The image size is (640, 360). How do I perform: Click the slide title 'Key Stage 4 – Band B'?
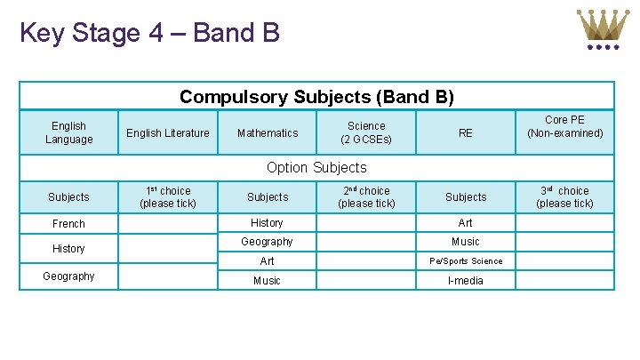pos(149,33)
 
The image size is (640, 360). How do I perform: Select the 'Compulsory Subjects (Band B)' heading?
pos(316,96)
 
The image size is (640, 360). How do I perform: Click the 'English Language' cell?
pos(68,132)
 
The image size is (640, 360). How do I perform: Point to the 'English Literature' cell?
pos(168,133)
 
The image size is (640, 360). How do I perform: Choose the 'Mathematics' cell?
pos(268,133)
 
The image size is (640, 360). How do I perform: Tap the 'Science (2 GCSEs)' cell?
pos(366,132)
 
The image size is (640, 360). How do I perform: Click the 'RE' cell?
pos(465,133)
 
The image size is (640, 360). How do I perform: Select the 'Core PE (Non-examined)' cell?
pos(564,126)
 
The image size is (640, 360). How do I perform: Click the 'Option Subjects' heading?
pos(316,167)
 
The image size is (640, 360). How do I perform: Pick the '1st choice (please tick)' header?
pos(168,196)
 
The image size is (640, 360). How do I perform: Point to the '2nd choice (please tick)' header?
pos(366,196)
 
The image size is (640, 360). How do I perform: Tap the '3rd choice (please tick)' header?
pos(564,196)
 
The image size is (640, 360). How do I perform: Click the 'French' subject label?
pos(68,224)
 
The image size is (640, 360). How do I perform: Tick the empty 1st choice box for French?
pos(168,224)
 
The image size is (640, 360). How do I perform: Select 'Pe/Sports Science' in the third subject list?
pos(466,261)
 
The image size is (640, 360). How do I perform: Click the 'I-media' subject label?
pos(466,280)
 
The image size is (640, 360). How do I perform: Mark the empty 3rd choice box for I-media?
pos(564,280)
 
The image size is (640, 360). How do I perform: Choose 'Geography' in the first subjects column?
pos(68,276)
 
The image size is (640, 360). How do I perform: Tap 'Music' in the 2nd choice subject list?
pos(267,281)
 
